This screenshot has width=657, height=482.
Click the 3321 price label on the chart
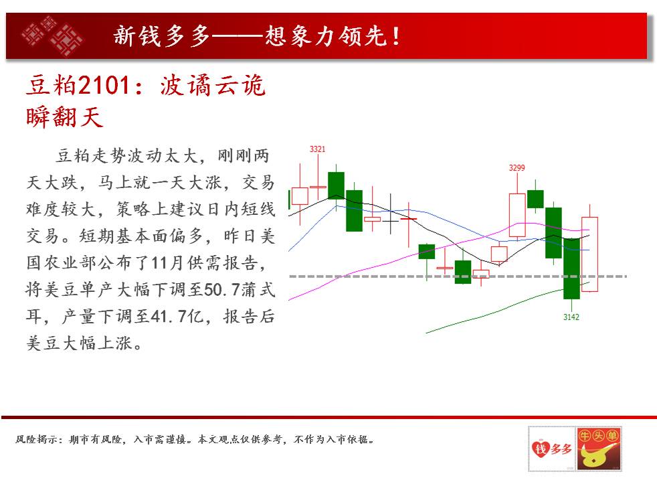[317, 149]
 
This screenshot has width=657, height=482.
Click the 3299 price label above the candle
[517, 167]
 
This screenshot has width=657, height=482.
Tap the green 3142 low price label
[571, 317]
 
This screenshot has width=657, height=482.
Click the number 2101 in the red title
[104, 85]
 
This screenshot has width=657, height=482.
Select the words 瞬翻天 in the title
[64, 116]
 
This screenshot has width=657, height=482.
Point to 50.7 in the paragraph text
[221, 290]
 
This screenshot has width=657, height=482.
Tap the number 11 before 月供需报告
[160, 263]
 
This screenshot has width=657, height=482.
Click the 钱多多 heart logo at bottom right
[552, 449]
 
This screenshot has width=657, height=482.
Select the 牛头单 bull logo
[599, 449]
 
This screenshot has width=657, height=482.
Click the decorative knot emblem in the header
[53, 36]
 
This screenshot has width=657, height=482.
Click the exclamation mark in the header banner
[395, 36]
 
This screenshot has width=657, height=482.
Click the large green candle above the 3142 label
[571, 268]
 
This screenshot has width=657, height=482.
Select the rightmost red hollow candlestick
[589, 254]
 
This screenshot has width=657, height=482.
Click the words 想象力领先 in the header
[325, 36]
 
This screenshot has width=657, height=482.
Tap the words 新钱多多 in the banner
[162, 36]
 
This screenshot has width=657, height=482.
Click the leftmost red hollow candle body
[300, 196]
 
